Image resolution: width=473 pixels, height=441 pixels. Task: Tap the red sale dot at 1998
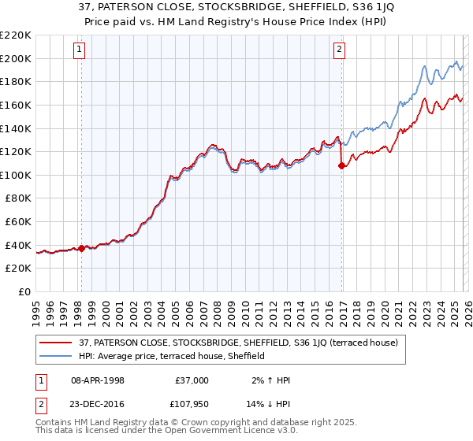[x=81, y=248]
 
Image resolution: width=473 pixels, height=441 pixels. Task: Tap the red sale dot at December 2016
[x=341, y=165]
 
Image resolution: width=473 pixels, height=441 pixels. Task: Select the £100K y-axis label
[x=16, y=175]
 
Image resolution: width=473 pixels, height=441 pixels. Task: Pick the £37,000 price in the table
[x=192, y=380]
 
